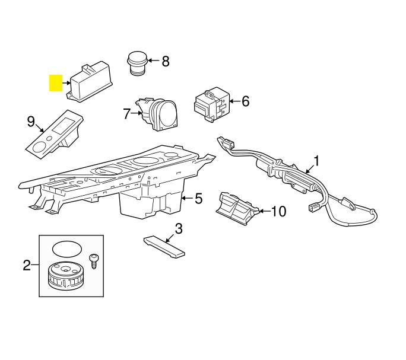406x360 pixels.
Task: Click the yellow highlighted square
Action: pyautogui.click(x=56, y=82)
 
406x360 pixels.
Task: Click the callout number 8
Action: pyautogui.click(x=165, y=60)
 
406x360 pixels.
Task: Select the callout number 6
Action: pyautogui.click(x=245, y=101)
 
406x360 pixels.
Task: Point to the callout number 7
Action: pyautogui.click(x=126, y=113)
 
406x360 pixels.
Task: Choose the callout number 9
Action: pyautogui.click(x=31, y=122)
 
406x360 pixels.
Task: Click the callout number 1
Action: pyautogui.click(x=316, y=160)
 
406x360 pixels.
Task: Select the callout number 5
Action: pyautogui.click(x=199, y=198)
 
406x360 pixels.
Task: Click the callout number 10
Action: pyautogui.click(x=278, y=211)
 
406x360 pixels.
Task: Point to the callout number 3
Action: pyautogui.click(x=178, y=228)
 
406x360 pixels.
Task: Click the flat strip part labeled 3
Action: pyautogui.click(x=164, y=246)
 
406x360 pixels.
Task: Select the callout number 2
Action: pyautogui.click(x=27, y=265)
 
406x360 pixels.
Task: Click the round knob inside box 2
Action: pyautogui.click(x=65, y=276)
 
